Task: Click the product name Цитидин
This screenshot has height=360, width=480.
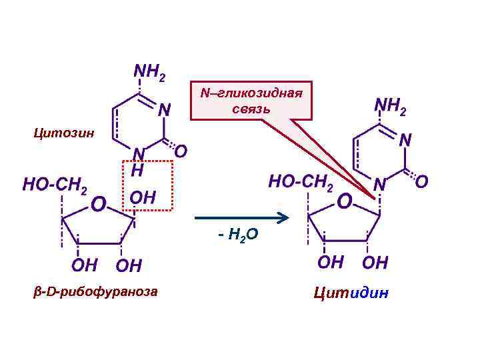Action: pyautogui.click(x=350, y=293)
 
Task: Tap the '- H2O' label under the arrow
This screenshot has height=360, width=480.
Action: pyautogui.click(x=239, y=235)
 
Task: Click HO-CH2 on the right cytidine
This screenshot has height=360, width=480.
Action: pyautogui.click(x=301, y=181)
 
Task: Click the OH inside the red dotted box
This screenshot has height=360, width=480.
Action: pyautogui.click(x=143, y=197)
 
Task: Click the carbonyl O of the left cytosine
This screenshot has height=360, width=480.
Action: pyautogui.click(x=180, y=152)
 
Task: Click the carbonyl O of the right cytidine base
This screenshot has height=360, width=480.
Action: pyautogui.click(x=422, y=181)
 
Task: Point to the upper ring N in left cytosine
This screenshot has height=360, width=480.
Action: pyautogui.click(x=163, y=108)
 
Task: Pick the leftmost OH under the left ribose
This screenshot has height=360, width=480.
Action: pyautogui.click(x=83, y=265)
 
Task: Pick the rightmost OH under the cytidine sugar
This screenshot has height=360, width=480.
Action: pyautogui.click(x=375, y=262)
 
